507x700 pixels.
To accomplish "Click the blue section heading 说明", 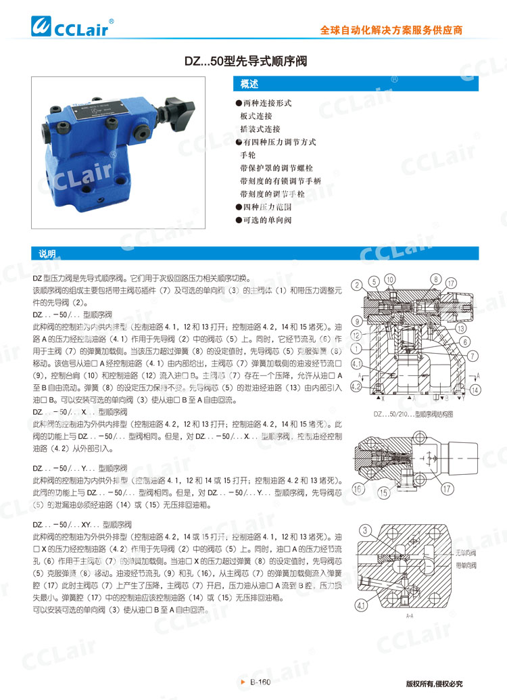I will click(x=47, y=254).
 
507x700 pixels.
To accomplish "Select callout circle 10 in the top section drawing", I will click(x=408, y=279).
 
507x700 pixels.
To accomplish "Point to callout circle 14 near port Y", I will click(x=475, y=390).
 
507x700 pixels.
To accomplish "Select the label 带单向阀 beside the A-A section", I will click(x=466, y=563).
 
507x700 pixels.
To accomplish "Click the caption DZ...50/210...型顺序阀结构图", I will click(x=413, y=413).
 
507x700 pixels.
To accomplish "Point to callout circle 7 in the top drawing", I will click(x=473, y=354).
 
